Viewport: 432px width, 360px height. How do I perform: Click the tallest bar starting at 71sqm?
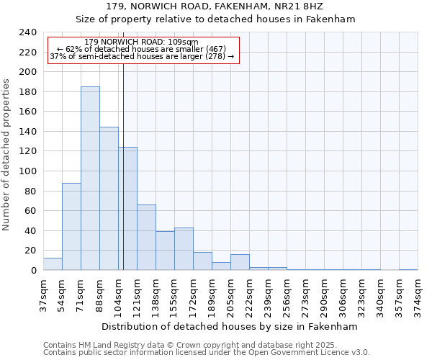[90, 179]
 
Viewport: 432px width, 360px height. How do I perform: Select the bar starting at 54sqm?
[71, 227]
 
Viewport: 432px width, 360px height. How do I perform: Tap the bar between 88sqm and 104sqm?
[109, 199]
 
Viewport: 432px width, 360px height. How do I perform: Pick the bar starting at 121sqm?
[146, 238]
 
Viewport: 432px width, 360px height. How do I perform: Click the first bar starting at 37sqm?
[53, 264]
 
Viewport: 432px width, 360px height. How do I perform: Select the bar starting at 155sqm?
[184, 249]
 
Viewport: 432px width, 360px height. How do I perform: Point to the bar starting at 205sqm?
[240, 263]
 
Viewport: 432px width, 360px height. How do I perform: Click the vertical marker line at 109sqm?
[123, 166]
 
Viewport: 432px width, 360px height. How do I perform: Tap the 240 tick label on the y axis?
[27, 32]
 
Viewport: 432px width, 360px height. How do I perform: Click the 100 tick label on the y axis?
[27, 171]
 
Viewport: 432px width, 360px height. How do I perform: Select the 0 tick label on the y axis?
[33, 271]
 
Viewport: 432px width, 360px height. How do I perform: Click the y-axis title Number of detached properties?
[7, 155]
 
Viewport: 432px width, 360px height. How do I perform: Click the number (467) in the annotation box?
[215, 49]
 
